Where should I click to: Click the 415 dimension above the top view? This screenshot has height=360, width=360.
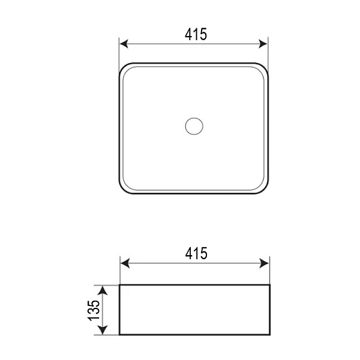point(196,34)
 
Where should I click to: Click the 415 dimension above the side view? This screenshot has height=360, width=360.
point(196,253)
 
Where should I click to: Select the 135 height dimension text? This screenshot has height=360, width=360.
point(94,310)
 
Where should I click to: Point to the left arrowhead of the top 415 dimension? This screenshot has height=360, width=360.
point(124,44)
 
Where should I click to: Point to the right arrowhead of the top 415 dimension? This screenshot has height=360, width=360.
point(263,44)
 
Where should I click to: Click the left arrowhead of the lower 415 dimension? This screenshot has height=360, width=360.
point(125,263)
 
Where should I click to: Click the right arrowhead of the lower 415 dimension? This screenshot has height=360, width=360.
point(264,263)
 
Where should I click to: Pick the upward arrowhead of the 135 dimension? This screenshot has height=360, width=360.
point(103,290)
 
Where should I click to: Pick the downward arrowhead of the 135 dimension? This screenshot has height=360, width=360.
point(103,330)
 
